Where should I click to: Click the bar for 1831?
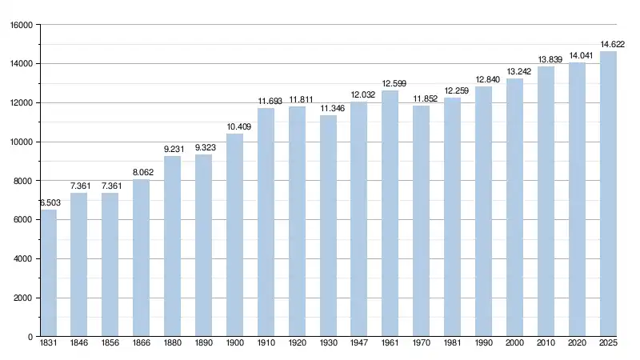(x=48, y=273)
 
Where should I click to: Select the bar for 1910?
(x=266, y=222)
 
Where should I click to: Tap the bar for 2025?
(x=608, y=194)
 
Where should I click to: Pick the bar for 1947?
(x=358, y=219)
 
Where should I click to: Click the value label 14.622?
(x=612, y=44)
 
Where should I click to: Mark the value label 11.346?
(x=328, y=108)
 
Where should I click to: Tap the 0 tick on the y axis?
(x=29, y=337)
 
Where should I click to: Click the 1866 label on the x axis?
(x=141, y=344)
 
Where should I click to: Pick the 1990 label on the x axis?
(x=483, y=344)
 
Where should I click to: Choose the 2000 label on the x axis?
(x=514, y=344)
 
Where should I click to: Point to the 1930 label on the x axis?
(x=328, y=344)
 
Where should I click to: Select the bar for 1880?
(x=172, y=246)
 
